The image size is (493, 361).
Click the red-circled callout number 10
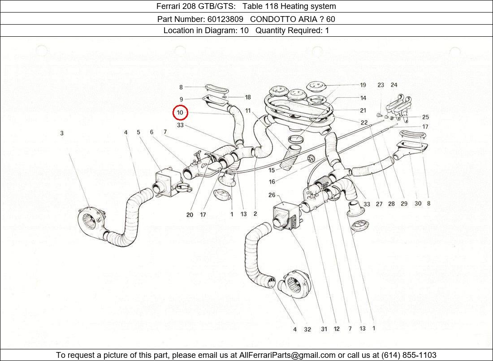coord(180,112)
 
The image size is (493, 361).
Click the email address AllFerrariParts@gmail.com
coord(287,355)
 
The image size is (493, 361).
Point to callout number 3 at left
coord(62,133)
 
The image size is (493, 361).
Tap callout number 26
coord(272,195)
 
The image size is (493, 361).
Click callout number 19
coord(363,85)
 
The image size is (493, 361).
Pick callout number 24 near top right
coord(394,85)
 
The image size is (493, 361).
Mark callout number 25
coord(425,117)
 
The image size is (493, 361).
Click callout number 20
coord(190,215)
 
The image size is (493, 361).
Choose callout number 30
coord(418,203)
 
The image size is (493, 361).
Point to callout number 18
coord(247,97)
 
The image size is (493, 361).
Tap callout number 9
coord(181,99)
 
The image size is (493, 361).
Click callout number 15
coord(272,170)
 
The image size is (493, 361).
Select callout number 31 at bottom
coord(324,329)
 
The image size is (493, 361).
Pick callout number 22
coord(364,122)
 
